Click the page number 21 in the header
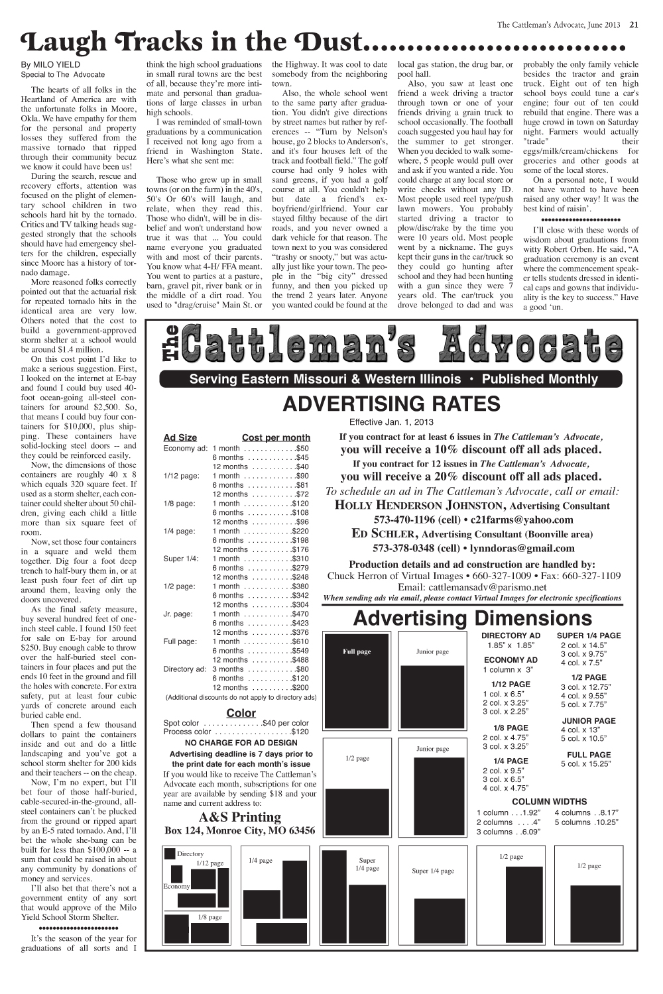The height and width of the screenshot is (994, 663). click(634, 25)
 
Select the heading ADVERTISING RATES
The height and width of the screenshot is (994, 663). click(391, 404)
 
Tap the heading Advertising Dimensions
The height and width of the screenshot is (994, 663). click(472, 618)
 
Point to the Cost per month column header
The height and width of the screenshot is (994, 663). click(276, 437)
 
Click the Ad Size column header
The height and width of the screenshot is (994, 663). click(180, 437)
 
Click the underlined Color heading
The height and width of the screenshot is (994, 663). click(241, 713)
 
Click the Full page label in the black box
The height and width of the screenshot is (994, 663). click(357, 651)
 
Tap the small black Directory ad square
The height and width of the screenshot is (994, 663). click(170, 854)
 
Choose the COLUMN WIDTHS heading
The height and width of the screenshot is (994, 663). click(550, 801)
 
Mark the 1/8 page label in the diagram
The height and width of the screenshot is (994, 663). click(210, 917)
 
